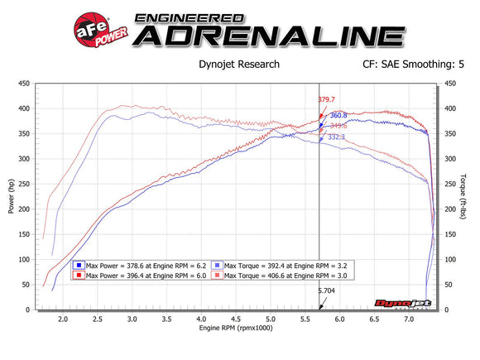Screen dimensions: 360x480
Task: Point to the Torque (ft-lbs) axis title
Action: click(471, 197)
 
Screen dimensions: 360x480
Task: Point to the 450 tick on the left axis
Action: click(25, 84)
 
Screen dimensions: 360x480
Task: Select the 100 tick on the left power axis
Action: click(25, 260)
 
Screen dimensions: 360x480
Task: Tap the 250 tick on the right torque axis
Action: click(453, 185)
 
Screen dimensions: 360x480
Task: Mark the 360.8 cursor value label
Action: click(339, 116)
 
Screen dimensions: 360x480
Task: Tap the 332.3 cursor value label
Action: click(337, 137)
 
